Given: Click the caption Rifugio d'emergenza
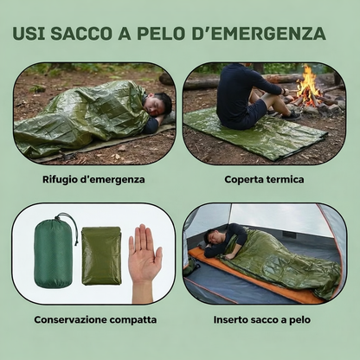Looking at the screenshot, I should point(93,180).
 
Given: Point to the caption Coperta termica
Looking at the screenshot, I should point(264,180).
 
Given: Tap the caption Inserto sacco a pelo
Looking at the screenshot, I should point(265,320).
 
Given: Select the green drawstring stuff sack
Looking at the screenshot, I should point(54,254).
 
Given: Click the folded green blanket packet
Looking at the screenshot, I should point(101,256).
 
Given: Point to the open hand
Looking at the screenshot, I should point(144,256).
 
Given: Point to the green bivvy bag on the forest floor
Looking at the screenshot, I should point(82,121).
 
